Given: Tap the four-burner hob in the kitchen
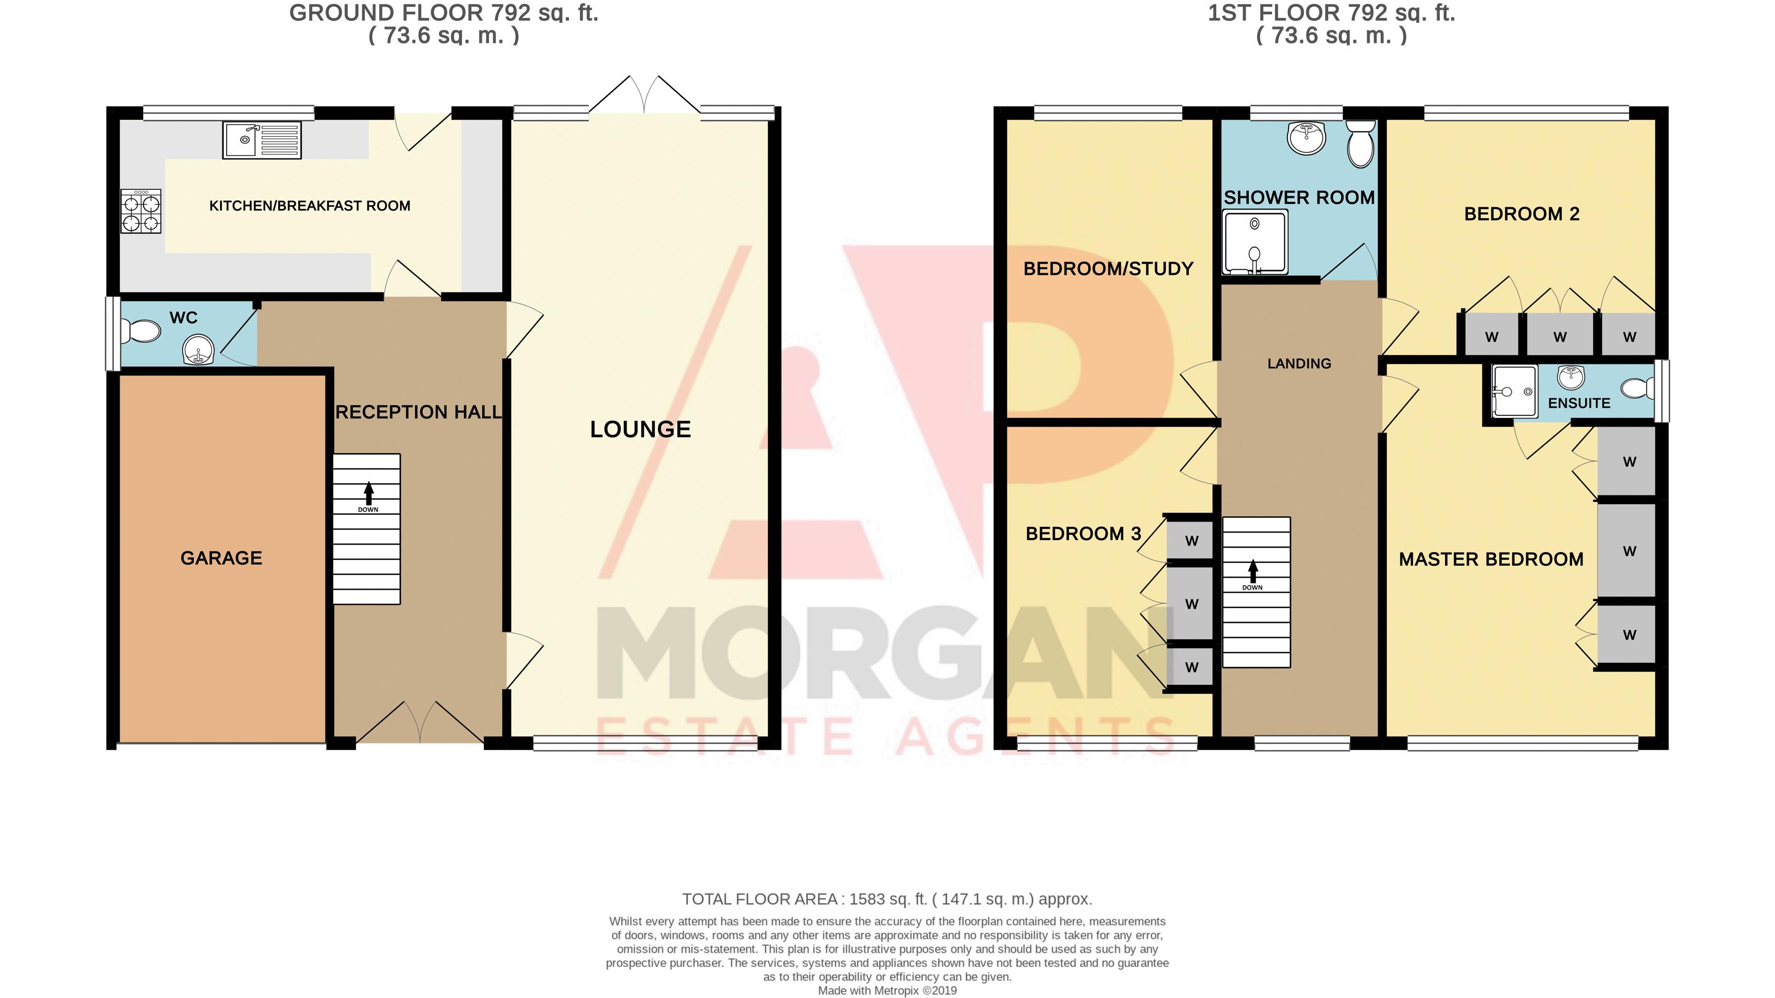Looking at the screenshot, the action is coord(141,211).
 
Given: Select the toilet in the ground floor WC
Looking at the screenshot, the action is coord(141,331).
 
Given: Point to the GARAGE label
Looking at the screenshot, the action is coord(221,558).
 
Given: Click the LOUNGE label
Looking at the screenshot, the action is coord(640,429).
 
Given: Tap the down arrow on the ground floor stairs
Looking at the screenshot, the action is coord(368,493).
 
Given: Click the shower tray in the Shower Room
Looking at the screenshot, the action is coord(1255,242).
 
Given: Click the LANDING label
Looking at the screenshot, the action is coord(1299,363).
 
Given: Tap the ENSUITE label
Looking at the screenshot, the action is coord(1579,403).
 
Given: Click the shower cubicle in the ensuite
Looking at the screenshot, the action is coord(1514,391).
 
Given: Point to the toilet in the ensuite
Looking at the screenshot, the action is coord(1637,388).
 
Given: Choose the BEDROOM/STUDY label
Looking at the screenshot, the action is coord(1108,269).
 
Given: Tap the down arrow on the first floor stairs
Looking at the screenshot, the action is coord(1253,571).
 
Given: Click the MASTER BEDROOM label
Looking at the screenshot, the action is coord(1491,559).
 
